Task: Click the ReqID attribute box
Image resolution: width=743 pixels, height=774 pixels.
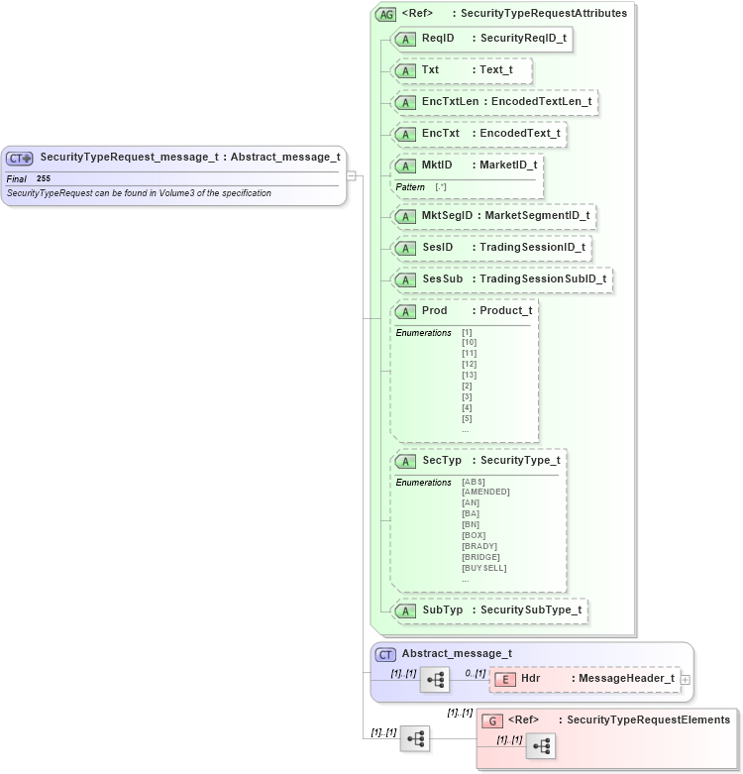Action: pyautogui.click(x=482, y=39)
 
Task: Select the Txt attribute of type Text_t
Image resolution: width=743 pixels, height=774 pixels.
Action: pyautogui.click(x=463, y=70)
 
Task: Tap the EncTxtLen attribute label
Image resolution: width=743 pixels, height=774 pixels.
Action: pyautogui.click(x=495, y=102)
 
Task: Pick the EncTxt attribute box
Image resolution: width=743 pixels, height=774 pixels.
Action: pyautogui.click(x=479, y=134)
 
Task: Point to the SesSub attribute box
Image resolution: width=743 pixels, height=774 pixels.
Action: pyautogui.click(x=502, y=279)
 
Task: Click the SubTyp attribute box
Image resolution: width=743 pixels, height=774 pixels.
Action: pyautogui.click(x=490, y=610)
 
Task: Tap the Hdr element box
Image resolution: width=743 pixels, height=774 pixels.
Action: pyautogui.click(x=584, y=679)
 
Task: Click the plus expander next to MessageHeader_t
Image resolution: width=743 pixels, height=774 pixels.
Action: pyautogui.click(x=686, y=679)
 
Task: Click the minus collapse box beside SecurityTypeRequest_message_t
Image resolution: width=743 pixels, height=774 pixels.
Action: pyautogui.click(x=351, y=175)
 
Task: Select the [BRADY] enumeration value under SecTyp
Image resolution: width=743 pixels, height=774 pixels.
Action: pyautogui.click(x=479, y=546)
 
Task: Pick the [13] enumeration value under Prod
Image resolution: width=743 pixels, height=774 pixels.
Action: pyautogui.click(x=469, y=375)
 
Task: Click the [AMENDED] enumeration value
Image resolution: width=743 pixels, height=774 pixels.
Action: pyautogui.click(x=485, y=492)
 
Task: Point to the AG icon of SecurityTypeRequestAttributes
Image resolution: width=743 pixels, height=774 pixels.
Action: pyautogui.click(x=386, y=14)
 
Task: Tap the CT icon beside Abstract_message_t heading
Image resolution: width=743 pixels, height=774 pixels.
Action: pyautogui.click(x=386, y=654)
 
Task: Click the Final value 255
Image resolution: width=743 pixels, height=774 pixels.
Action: pyautogui.click(x=44, y=178)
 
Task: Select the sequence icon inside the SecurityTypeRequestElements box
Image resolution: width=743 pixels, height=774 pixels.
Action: pyautogui.click(x=540, y=746)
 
